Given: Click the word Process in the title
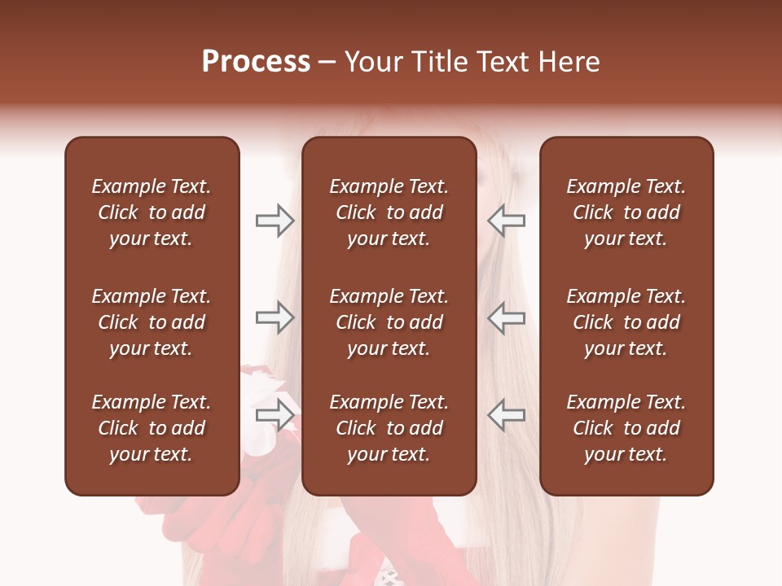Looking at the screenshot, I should pos(256,62).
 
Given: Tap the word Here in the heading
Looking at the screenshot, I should pos(569,62).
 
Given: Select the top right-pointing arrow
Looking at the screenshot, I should pos(275,221).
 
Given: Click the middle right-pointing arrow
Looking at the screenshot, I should pos(275,317).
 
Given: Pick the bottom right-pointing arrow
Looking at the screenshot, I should pos(275,415).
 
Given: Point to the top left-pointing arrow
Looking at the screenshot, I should pos(507,221).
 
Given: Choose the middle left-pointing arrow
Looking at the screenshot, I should pos(507,317).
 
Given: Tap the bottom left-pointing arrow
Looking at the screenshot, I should pos(507,415).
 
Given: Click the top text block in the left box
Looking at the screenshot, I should pos(152,212).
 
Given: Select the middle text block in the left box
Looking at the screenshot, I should pos(152,322).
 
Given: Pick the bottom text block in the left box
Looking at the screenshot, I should pos(152,428).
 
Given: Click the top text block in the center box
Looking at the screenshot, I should pos(389,212).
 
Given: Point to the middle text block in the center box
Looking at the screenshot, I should pos(389,322).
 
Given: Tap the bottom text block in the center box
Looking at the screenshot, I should pos(389,428).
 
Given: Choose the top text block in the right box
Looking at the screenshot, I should pos(626,212).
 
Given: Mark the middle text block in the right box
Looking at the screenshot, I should pos(626,322).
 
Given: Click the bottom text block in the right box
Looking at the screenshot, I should pos(626,428).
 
